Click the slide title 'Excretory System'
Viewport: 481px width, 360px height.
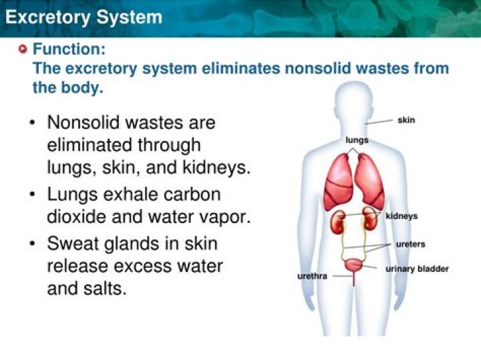[x=84, y=17]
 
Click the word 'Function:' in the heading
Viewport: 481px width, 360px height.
[x=69, y=49]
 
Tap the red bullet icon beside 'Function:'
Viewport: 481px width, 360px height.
[x=24, y=49]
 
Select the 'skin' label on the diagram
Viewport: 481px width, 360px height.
[x=406, y=120]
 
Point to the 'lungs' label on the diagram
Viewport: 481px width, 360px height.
[x=357, y=140]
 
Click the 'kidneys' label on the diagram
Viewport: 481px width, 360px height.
[x=402, y=216]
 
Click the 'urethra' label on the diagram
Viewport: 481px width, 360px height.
[x=312, y=276]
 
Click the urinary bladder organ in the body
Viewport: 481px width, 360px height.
[x=355, y=266]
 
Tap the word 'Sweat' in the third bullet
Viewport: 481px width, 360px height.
[x=75, y=244]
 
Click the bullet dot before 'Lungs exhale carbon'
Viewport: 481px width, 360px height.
[x=33, y=195]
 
